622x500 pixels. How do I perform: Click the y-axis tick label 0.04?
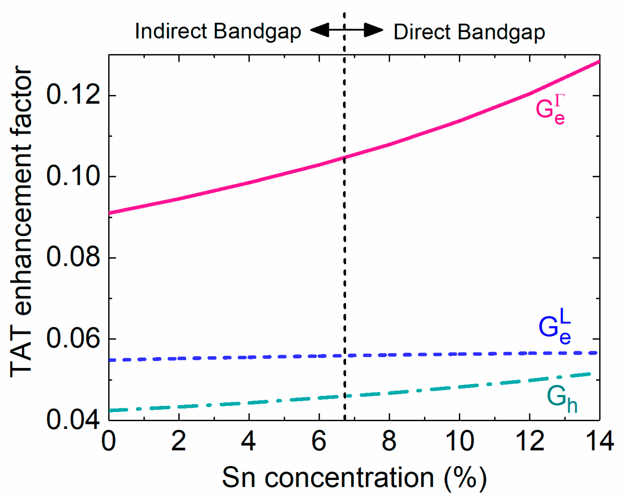73,420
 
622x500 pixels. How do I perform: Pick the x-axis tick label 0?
109,441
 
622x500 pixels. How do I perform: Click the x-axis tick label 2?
179,441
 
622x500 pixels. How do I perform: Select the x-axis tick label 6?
319,441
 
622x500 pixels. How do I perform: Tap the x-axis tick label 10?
459,441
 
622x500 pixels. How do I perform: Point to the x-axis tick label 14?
599,441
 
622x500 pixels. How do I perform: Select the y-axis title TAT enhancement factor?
21,222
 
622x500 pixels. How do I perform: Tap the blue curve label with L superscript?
555,327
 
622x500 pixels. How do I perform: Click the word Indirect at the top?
171,31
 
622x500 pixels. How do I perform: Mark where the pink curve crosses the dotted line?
345,157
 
